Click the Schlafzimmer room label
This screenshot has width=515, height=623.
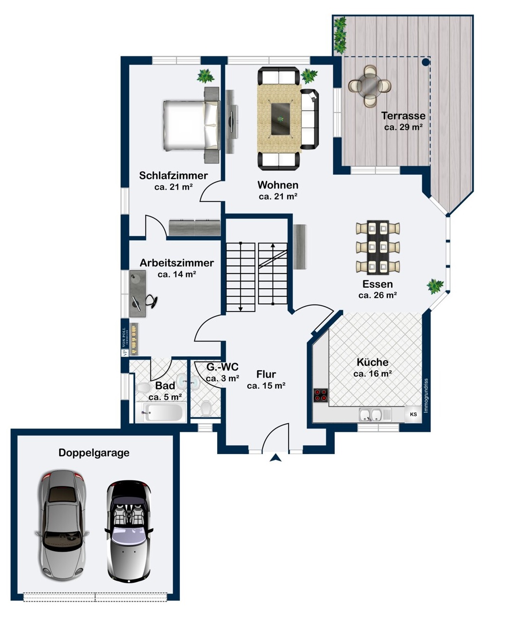173,176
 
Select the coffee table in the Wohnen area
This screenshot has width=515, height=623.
281,118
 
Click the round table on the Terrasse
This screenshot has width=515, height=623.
370,86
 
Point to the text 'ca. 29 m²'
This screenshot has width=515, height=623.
403,127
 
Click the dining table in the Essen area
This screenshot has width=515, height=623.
378,247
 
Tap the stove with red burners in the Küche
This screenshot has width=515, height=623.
320,395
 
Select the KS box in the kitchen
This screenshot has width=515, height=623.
413,414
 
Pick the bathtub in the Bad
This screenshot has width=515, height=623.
160,413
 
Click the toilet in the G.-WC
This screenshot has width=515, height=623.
206,409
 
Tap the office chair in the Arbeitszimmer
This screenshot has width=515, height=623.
152,301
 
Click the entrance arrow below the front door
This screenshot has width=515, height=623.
275,457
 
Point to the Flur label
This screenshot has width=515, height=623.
266,374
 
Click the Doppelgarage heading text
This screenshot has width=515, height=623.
94,453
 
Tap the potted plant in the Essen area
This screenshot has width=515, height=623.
435,286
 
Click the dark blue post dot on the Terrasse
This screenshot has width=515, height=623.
426,62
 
